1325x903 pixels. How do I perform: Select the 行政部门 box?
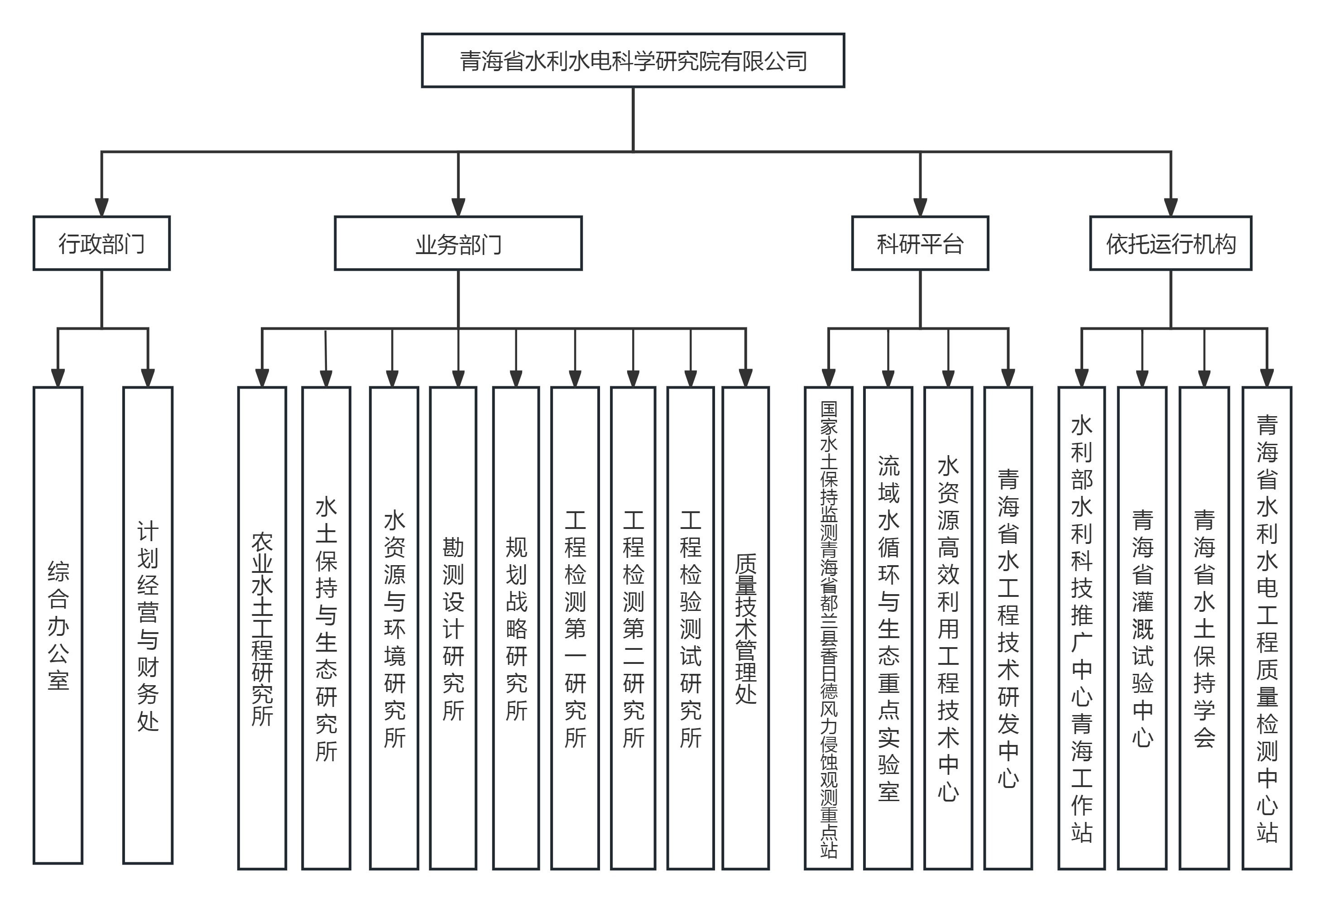point(101,244)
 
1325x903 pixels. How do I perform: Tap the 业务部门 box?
point(458,244)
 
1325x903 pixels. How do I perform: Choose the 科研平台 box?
point(920,244)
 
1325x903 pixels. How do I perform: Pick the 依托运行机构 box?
point(1170,244)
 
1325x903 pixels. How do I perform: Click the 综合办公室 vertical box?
point(58,625)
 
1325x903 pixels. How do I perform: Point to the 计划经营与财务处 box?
point(148,625)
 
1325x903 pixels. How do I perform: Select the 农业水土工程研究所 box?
point(262,628)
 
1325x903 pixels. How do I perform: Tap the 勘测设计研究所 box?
point(453,628)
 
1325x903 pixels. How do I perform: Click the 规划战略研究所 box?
point(516,628)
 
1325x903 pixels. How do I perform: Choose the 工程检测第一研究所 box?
point(575,628)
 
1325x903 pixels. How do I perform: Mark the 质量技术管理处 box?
point(745,628)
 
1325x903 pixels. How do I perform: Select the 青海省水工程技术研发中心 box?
point(1008,628)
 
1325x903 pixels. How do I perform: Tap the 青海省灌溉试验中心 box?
point(1142,628)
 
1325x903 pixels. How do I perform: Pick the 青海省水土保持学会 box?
point(1204,628)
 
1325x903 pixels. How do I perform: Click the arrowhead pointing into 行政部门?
point(101,207)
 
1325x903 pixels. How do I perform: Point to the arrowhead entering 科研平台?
point(920,207)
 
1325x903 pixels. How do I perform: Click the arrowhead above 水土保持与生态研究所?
point(326,378)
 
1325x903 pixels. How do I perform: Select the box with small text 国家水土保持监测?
point(828,628)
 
